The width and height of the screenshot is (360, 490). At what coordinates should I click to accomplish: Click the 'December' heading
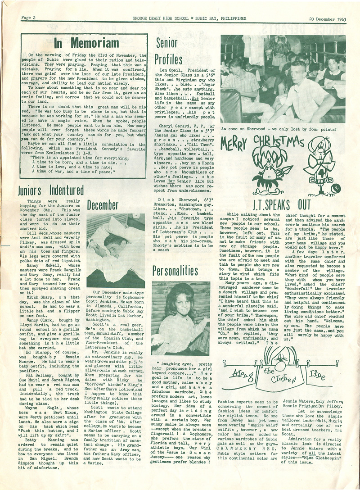(x=103, y=205)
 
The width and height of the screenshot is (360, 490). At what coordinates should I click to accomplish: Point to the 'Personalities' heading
(x=175, y=270)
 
